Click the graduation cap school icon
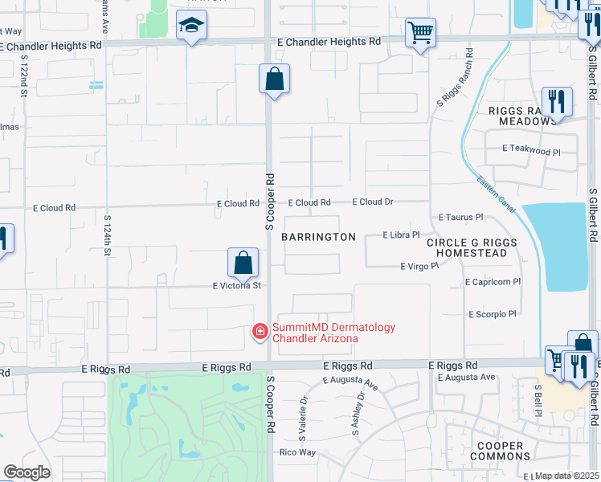click(192, 27)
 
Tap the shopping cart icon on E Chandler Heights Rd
click(420, 34)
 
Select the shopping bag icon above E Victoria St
click(243, 263)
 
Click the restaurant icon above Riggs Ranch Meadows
click(557, 102)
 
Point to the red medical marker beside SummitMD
click(260, 331)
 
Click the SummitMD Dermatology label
click(334, 333)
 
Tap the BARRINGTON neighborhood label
click(318, 237)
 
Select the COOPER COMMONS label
click(500, 451)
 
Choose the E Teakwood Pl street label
click(530, 150)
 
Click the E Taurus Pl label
click(460, 217)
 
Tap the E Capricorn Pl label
click(493, 282)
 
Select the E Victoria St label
click(237, 285)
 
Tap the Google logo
click(27, 472)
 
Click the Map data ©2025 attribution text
click(567, 476)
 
